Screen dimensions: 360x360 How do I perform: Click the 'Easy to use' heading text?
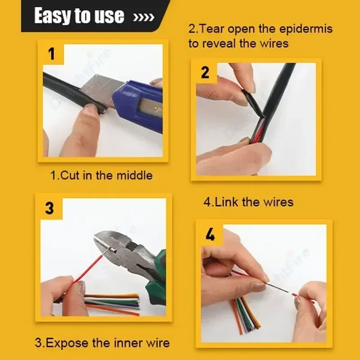79,15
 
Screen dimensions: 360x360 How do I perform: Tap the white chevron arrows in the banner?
144,17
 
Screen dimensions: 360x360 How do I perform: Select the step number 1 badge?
52,54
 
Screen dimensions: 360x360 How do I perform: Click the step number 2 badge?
205,72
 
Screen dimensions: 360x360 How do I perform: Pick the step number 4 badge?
210,234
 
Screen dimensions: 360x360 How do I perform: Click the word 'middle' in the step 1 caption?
135,175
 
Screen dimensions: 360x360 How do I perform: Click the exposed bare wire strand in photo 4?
278,288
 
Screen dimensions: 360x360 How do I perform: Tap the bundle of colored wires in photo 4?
245,315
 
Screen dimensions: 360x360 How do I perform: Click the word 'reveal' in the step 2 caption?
219,44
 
